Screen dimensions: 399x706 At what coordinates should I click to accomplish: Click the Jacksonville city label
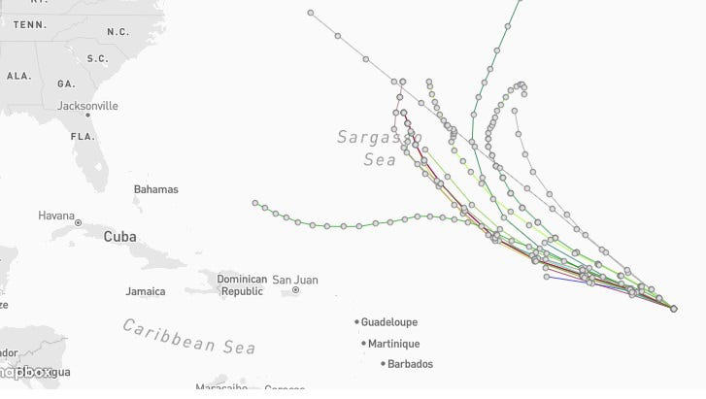(x=87, y=105)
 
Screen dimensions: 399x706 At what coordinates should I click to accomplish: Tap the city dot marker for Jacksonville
(x=87, y=116)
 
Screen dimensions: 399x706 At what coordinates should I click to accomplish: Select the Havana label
(x=56, y=215)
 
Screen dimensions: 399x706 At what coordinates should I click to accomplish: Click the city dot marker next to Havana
(x=79, y=222)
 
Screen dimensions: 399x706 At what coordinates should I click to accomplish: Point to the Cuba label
(x=119, y=236)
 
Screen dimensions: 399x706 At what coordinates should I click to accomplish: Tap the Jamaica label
(x=145, y=290)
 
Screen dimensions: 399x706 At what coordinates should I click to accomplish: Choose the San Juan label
(x=294, y=280)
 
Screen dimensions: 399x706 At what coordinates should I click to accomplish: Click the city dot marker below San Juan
(x=295, y=290)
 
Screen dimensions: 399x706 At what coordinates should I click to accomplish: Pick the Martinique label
(x=393, y=343)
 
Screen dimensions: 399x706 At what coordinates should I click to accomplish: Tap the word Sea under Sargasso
(x=380, y=160)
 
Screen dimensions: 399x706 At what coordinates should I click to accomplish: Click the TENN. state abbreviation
(x=30, y=24)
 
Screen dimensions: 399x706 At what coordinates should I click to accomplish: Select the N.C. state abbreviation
(x=118, y=31)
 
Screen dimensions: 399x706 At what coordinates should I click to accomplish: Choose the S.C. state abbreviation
(x=97, y=58)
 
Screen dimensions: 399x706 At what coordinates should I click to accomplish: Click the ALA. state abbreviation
(x=18, y=75)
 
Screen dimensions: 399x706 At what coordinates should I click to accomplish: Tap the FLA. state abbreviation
(x=82, y=136)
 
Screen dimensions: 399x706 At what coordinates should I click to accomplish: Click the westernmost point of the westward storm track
(x=255, y=204)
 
